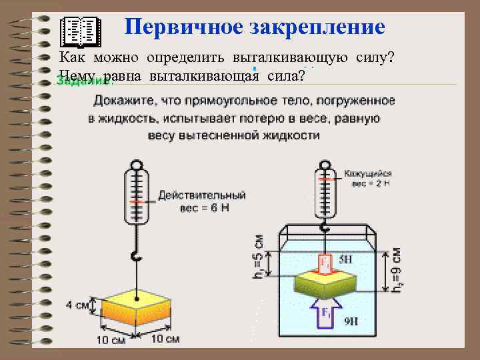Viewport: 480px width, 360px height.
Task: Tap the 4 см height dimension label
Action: click(77, 305)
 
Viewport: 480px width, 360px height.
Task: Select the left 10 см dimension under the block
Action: click(110, 340)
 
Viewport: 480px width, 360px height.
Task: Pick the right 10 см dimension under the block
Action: click(163, 339)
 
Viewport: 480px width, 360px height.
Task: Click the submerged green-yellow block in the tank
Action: click(327, 283)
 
